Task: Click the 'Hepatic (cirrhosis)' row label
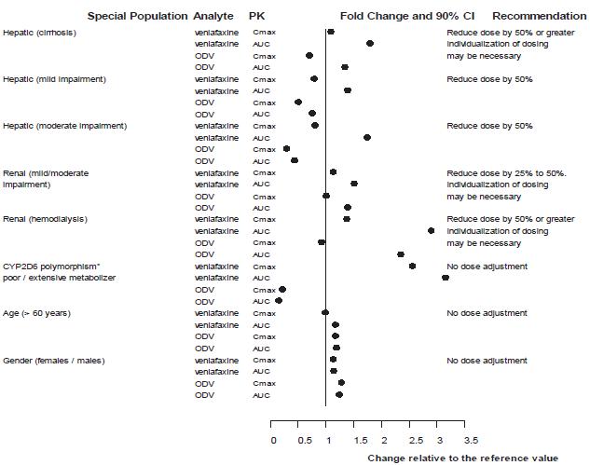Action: tap(40, 33)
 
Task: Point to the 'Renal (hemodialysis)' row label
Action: tap(46, 219)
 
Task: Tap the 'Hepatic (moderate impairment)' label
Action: tap(65, 126)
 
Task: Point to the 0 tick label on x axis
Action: tap(273, 439)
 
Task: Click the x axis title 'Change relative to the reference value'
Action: tap(463, 458)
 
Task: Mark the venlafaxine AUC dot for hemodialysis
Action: tap(431, 230)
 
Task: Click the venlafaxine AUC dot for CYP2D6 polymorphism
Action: tap(445, 277)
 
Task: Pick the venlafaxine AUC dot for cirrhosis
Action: tap(370, 44)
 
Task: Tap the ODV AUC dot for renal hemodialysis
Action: tap(400, 253)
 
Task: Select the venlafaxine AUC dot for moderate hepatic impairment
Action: tap(367, 137)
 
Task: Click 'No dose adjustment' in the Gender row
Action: tap(487, 360)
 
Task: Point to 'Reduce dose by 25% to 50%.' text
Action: tap(506, 172)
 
